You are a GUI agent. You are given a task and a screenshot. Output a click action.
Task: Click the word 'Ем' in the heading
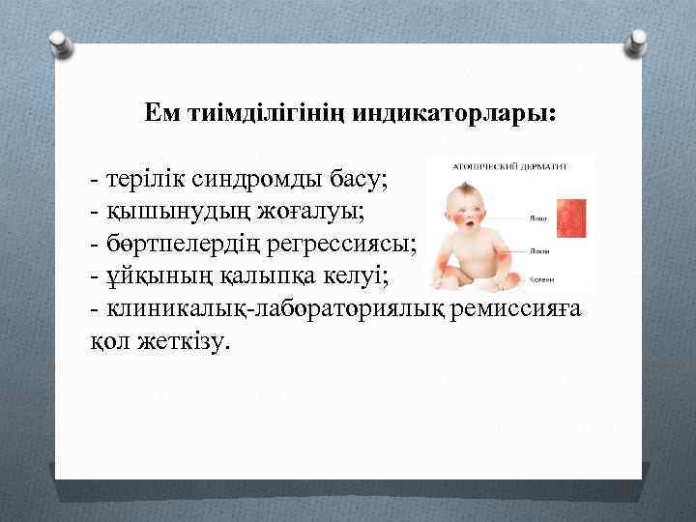point(163,113)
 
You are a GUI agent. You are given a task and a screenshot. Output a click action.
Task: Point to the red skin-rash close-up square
point(574,217)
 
